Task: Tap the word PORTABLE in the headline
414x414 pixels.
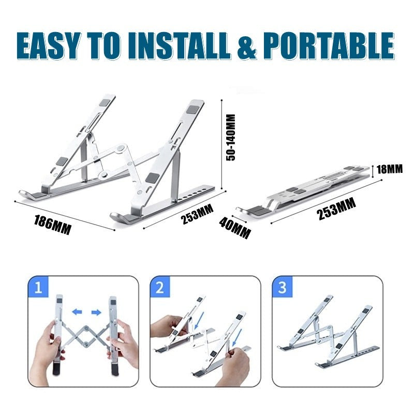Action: pos(329,46)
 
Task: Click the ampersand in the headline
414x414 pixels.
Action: pos(247,46)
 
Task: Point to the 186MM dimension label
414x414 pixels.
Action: pos(53,225)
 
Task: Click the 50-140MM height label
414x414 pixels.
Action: pos(230,137)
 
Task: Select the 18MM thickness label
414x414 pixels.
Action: pos(390,169)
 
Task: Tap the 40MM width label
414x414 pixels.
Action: pos(235,228)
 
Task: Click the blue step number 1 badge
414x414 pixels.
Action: pos(38,287)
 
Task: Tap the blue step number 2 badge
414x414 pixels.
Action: pos(160,287)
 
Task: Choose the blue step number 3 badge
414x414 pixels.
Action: pos(282,287)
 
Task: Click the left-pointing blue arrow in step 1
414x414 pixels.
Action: pos(77,312)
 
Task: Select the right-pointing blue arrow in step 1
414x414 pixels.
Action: pos(96,313)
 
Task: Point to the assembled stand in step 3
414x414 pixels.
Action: pos(329,332)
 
